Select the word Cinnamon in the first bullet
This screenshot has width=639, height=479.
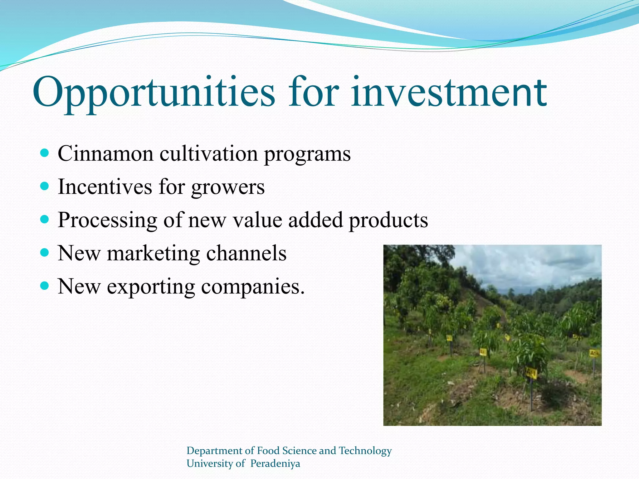[x=105, y=153]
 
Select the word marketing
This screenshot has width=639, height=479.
[x=153, y=254]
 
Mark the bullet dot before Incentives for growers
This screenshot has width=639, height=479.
[x=45, y=186]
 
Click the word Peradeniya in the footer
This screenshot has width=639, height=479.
[x=275, y=463]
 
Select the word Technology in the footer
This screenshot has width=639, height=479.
[x=365, y=451]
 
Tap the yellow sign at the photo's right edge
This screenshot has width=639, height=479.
[x=594, y=353]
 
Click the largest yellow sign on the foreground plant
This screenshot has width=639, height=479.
[x=531, y=373]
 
